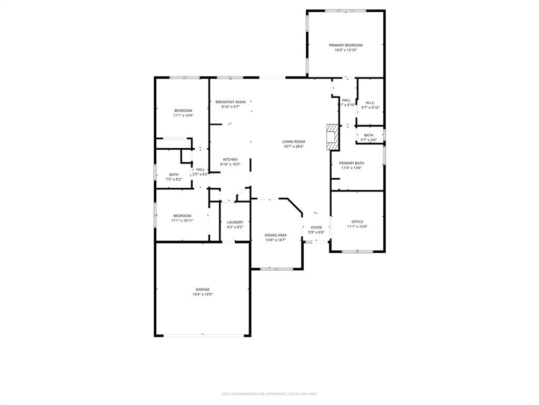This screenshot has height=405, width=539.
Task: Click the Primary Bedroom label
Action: [x=346, y=45]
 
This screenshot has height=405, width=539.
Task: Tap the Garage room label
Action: [x=203, y=290]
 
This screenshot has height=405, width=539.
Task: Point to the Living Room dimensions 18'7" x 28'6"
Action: [x=293, y=147]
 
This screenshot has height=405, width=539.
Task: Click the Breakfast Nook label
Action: [x=231, y=102]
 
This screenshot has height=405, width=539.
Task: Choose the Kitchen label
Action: [x=230, y=159]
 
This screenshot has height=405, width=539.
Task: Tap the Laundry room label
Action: [x=235, y=222]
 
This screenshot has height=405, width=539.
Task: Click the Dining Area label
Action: [x=275, y=235]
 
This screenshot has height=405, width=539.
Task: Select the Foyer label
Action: [x=316, y=227]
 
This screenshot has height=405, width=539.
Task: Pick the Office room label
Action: [x=357, y=221]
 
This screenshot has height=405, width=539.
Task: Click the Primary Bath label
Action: [x=352, y=163]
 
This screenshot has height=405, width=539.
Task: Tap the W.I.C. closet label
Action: [x=371, y=103]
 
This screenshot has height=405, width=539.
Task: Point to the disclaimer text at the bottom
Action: [x=269, y=394]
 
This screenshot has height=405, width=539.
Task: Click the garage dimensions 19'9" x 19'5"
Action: [x=203, y=294]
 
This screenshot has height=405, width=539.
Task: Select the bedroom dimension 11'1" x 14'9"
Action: [x=183, y=115]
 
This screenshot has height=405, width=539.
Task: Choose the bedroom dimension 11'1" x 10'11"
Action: [x=182, y=220]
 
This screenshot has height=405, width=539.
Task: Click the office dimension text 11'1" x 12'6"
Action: [x=357, y=226]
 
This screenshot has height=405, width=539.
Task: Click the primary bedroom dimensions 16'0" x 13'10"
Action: [x=346, y=50]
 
